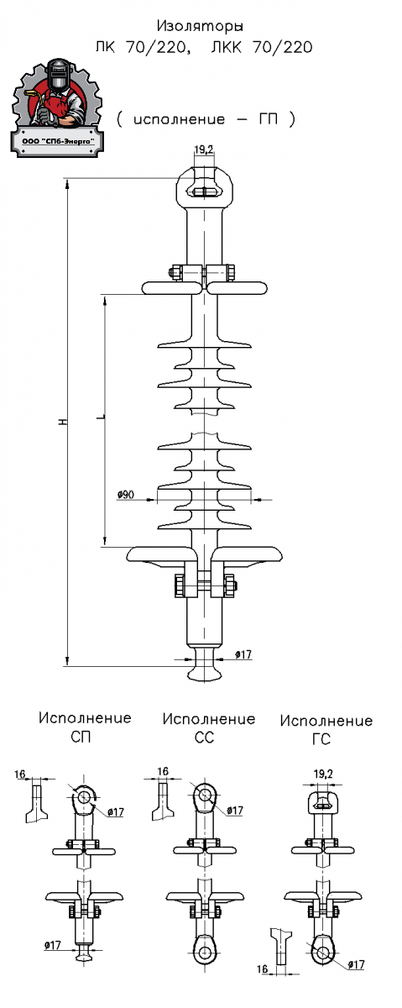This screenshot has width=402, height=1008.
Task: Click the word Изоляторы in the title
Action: pyautogui.click(x=200, y=27)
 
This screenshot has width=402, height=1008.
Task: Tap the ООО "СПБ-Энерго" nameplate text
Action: pyautogui.click(x=58, y=141)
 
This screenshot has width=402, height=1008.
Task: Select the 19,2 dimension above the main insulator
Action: pyautogui.click(x=204, y=150)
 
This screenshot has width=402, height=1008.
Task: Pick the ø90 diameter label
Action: pyautogui.click(x=126, y=495)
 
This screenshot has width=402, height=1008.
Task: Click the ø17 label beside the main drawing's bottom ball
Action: pyautogui.click(x=243, y=654)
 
